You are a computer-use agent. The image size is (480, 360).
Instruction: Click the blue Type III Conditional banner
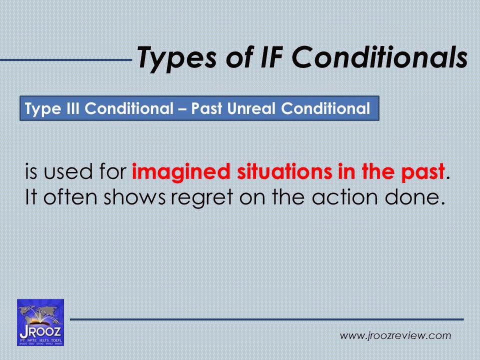[199, 108]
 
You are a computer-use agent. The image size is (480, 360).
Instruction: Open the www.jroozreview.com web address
[395, 336]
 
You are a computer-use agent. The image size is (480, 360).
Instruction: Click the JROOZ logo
[40, 322]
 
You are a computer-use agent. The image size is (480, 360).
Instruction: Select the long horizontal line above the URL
[266, 319]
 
